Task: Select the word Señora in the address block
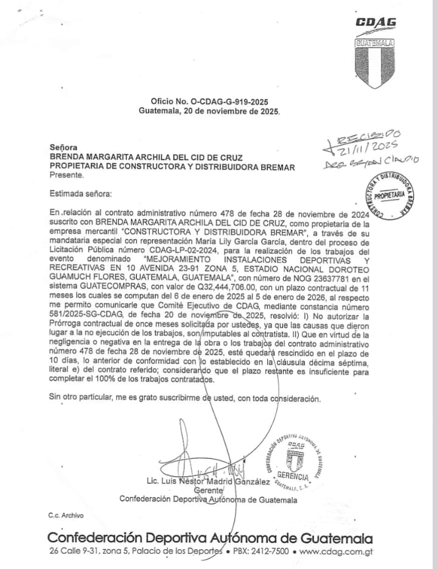click(63, 147)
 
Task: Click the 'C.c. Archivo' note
click(66, 515)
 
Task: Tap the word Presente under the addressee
click(66, 175)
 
